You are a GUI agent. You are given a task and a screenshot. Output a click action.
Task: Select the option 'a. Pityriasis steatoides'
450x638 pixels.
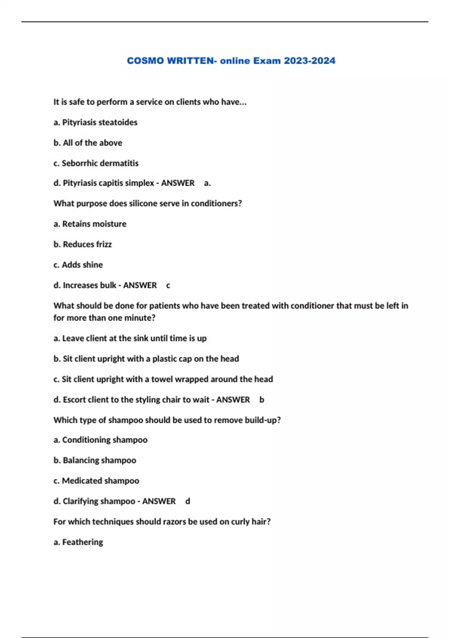pyautogui.click(x=95, y=122)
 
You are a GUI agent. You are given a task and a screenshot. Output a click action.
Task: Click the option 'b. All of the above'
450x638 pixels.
pyautogui.click(x=88, y=143)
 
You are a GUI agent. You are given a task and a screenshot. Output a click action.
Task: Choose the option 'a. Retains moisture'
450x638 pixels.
pyautogui.click(x=90, y=224)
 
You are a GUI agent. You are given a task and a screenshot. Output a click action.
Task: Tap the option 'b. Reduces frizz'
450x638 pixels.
pyautogui.click(x=82, y=244)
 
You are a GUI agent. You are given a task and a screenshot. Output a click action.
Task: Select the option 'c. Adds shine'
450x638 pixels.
pyautogui.click(x=78, y=265)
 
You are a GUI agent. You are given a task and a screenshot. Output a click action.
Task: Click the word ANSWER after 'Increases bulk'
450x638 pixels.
pyautogui.click(x=140, y=285)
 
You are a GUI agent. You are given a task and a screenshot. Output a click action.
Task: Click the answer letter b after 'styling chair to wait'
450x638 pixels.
pyautogui.click(x=262, y=400)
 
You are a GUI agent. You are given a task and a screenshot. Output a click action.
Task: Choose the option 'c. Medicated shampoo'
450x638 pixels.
pyautogui.click(x=96, y=481)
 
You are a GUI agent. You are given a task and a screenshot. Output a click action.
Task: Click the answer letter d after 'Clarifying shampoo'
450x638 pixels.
pyautogui.click(x=188, y=501)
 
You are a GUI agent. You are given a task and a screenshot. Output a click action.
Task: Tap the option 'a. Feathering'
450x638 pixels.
pyautogui.click(x=78, y=542)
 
